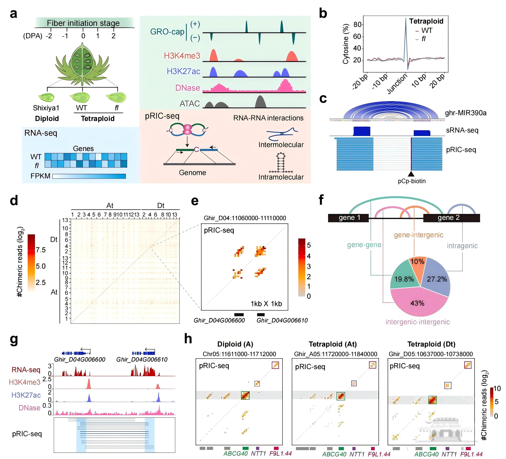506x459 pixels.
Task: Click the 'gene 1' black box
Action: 349,218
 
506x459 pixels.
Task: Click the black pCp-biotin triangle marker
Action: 411,174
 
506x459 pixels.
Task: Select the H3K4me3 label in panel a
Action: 182,56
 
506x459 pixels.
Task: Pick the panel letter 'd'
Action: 14,201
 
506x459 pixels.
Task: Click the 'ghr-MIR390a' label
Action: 466,113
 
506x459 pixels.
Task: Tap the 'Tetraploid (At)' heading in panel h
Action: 332,344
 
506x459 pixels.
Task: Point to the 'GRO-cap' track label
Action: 167,32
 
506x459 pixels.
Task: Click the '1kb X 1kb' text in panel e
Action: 266,304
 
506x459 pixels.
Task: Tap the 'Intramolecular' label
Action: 281,177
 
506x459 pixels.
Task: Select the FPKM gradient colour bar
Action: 89,176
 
